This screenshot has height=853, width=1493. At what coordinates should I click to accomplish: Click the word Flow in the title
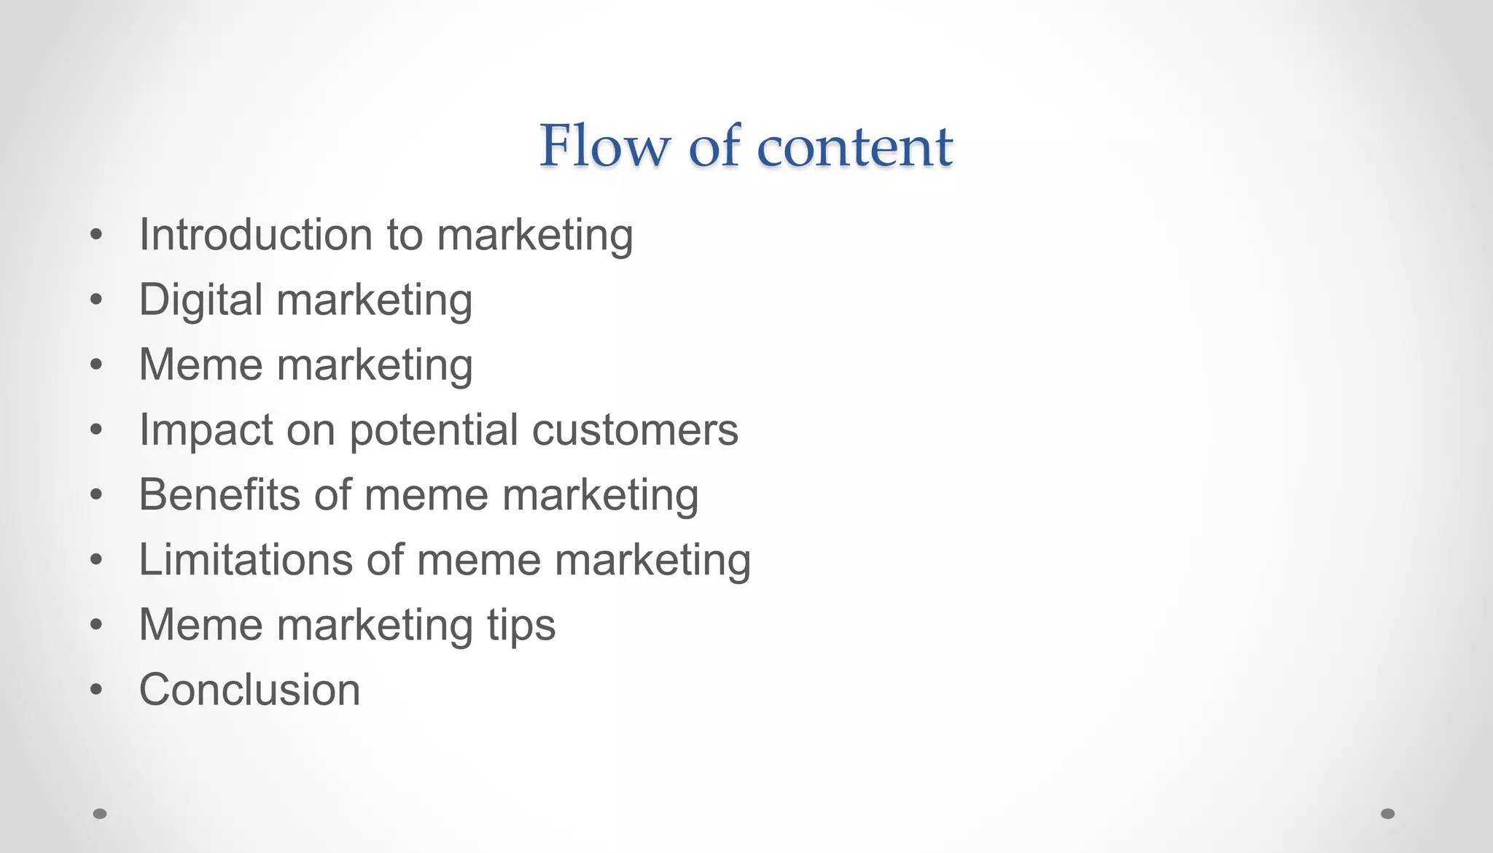pos(604,146)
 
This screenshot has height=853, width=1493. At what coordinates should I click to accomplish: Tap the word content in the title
pos(854,147)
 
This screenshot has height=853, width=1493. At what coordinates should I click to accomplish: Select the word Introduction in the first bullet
pos(256,235)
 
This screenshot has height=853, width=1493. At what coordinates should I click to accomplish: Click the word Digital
pos(200,300)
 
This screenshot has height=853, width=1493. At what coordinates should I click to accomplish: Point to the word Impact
pos(206,430)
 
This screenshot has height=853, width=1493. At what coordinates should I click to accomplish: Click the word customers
pos(635,430)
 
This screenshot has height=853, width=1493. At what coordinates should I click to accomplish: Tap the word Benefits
pos(219,494)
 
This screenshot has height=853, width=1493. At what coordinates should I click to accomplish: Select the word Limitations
pos(246,559)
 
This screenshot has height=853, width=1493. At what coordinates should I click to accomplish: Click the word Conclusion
pos(249,690)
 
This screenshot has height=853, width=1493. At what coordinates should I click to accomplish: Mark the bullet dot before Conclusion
pos(96,690)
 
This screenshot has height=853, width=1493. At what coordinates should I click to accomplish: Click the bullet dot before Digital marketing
pos(96,300)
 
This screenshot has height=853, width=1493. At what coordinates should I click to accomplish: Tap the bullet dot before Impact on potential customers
pos(96,430)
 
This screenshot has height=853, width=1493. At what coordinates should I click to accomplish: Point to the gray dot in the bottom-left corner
pos(100,814)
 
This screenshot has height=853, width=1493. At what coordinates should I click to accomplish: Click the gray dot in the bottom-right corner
pos(1387,814)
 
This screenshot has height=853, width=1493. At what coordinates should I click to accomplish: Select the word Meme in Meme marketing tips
pos(200,625)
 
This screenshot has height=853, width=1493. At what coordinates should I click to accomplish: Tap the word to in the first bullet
pos(405,235)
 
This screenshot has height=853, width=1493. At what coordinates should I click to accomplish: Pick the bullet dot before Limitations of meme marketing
pos(96,560)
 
